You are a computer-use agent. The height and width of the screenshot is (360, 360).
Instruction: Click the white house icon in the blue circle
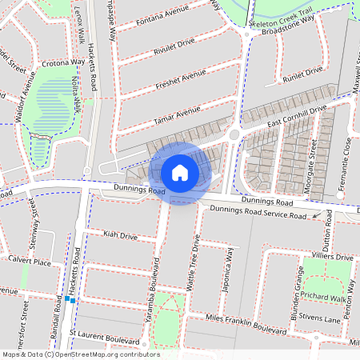point(180,172)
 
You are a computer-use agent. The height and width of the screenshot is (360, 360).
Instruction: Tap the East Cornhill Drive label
point(298,115)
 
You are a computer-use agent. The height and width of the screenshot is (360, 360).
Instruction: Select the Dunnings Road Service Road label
point(258,213)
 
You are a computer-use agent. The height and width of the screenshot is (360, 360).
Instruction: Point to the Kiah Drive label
point(121,236)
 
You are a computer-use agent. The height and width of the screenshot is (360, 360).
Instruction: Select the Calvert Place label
point(30,262)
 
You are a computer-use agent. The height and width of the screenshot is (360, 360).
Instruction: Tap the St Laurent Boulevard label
point(105,331)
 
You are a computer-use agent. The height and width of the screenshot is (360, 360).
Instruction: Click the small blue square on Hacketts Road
point(71,300)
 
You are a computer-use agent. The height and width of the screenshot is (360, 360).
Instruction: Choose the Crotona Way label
point(63,62)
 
